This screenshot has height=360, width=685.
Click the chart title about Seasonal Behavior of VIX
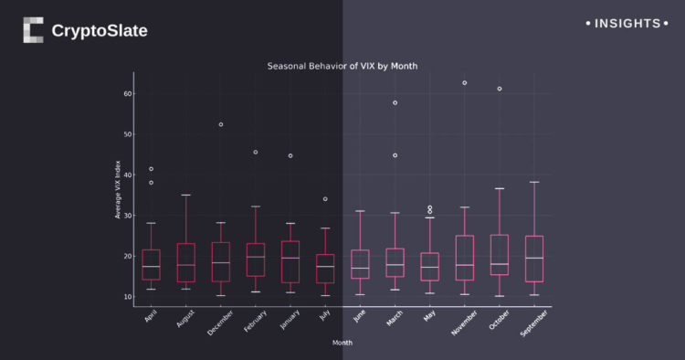pos(342,67)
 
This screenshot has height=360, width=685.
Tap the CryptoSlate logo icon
pos(33,30)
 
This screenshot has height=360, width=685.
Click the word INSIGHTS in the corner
pos(627,23)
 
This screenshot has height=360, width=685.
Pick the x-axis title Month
pos(342,343)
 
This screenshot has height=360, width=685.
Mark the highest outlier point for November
pos(465,83)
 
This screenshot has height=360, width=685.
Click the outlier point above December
pos(221,124)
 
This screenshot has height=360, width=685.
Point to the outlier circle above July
pos(325,199)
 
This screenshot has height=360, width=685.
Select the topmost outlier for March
pos(395,103)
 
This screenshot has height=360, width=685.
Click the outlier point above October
pos(500,89)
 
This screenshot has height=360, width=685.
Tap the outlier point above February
pos(256,153)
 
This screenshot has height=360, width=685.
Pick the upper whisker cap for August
pos(186,195)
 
